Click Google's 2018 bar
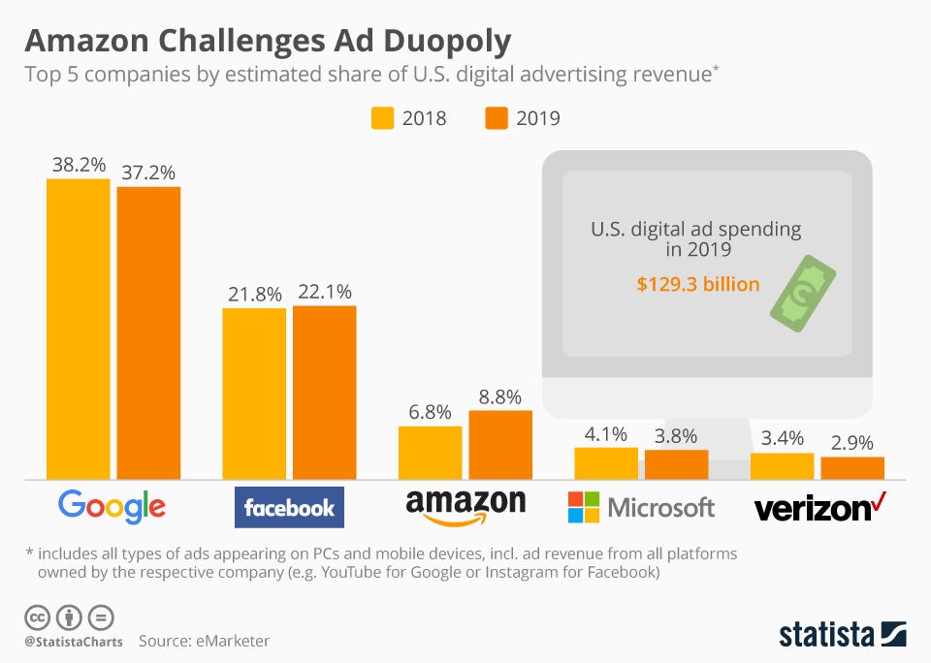click(x=79, y=330)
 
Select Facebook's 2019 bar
click(x=325, y=393)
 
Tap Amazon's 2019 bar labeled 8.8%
click(x=500, y=445)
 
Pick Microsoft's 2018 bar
click(x=606, y=463)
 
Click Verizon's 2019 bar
click(x=852, y=468)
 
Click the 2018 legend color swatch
click(x=384, y=119)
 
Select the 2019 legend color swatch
click(x=497, y=119)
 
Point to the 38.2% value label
click(x=79, y=165)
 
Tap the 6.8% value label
click(x=430, y=412)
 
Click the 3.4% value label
click(x=782, y=438)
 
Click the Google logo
click(x=112, y=506)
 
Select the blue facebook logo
click(x=289, y=507)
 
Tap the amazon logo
click(x=465, y=506)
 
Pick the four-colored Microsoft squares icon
click(x=583, y=506)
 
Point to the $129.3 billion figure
click(x=697, y=285)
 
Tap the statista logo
click(x=843, y=635)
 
